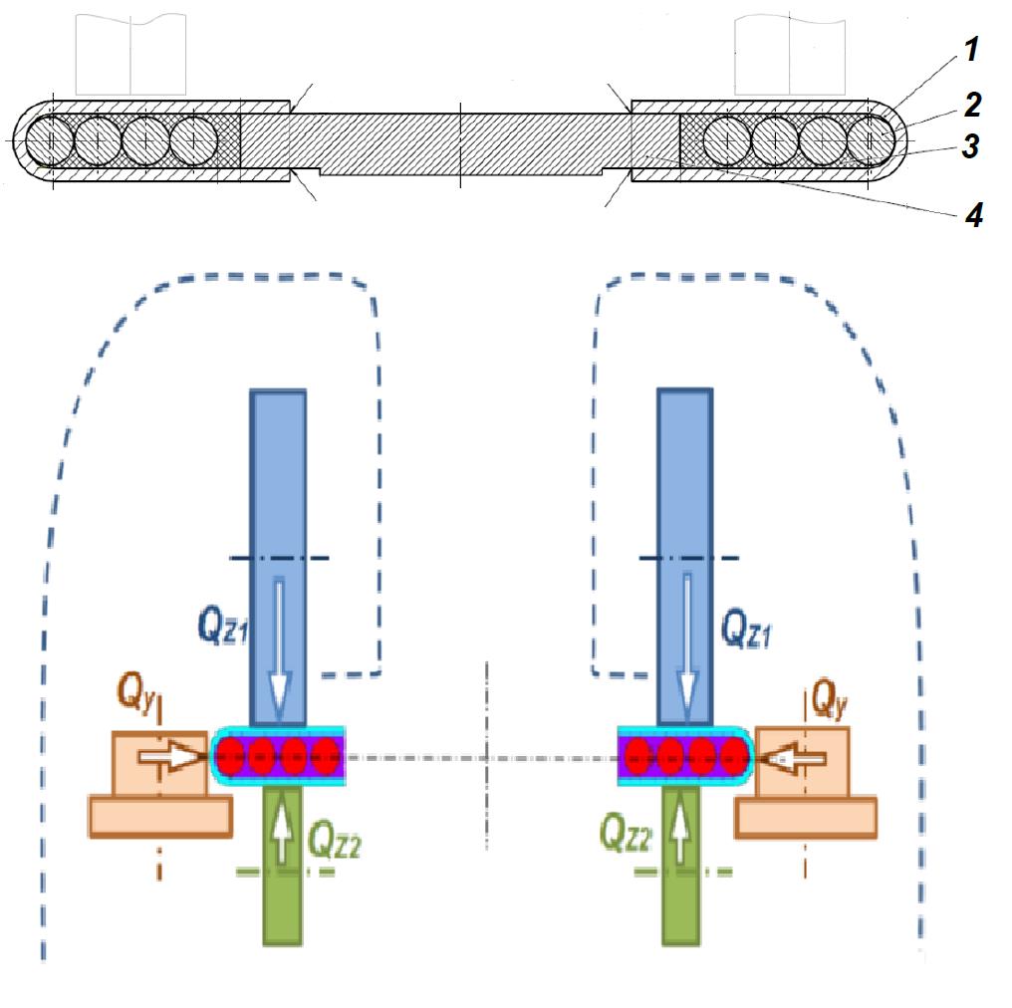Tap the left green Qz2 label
coord(335,844)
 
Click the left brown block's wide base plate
coord(160,816)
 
